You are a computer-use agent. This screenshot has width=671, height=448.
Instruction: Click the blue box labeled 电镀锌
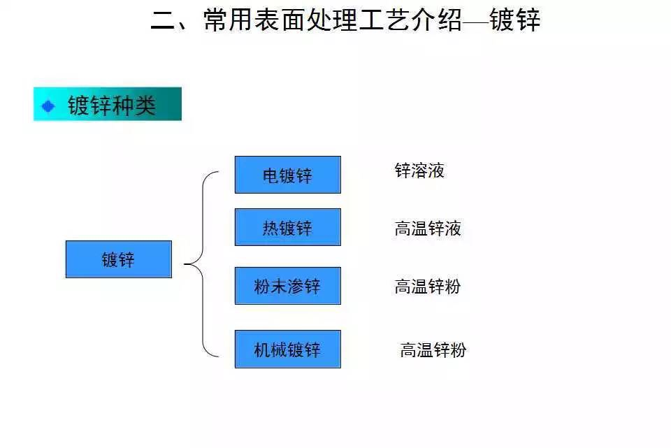pos(287,175)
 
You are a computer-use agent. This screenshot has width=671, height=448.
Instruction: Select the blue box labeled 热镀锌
pos(287,227)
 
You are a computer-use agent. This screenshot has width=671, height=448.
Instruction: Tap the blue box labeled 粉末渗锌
pos(287,286)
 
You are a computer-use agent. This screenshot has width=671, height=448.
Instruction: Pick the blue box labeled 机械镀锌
pos(287,349)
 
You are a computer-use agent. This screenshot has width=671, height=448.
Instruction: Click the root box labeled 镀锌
pos(118,259)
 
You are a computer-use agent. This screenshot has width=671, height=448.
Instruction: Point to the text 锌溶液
pos(419,171)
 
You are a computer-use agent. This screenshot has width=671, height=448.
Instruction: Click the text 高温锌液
pos(428,229)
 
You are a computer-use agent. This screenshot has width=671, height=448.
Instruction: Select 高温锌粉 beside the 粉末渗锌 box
pos(428,287)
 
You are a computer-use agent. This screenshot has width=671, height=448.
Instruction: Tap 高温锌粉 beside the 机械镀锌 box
pos(433,349)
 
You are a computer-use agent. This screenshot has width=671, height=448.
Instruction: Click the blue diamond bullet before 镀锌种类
pos(48,106)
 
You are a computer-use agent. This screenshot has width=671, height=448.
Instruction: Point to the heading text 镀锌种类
pos(111,106)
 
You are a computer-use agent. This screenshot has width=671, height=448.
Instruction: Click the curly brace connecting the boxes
pos(203,264)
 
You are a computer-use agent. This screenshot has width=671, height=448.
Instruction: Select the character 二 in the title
pos(163,20)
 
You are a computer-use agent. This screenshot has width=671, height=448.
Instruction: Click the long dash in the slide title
pos(475,21)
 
